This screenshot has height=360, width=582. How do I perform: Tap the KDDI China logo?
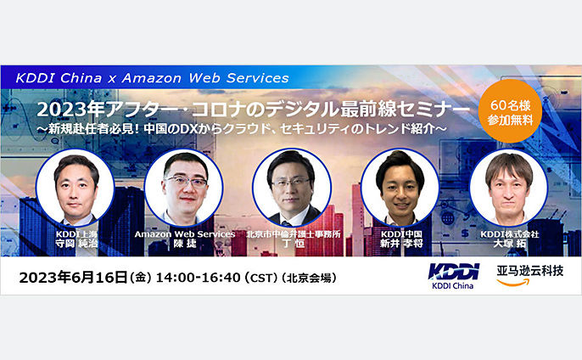(x=454, y=276)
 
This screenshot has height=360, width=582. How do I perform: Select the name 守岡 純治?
(x=76, y=244)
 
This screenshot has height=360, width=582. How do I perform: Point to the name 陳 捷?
(x=185, y=244)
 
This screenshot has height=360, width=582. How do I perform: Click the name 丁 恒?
(x=294, y=244)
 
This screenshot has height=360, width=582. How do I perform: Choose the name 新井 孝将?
(x=401, y=244)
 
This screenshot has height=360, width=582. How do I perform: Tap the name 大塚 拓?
(x=509, y=244)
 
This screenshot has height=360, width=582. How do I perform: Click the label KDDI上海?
(x=76, y=234)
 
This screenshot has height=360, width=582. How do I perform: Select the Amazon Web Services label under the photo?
(x=185, y=234)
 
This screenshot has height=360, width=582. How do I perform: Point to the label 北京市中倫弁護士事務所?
(x=294, y=234)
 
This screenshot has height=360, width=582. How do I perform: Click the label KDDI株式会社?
(x=509, y=234)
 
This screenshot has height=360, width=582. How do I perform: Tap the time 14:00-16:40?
(x=198, y=278)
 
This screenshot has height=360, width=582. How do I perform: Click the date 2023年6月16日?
(x=74, y=278)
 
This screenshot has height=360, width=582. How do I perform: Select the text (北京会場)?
(x=309, y=278)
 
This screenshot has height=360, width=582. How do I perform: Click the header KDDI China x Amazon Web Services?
(x=152, y=78)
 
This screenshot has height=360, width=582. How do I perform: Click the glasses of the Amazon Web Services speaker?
(x=186, y=182)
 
